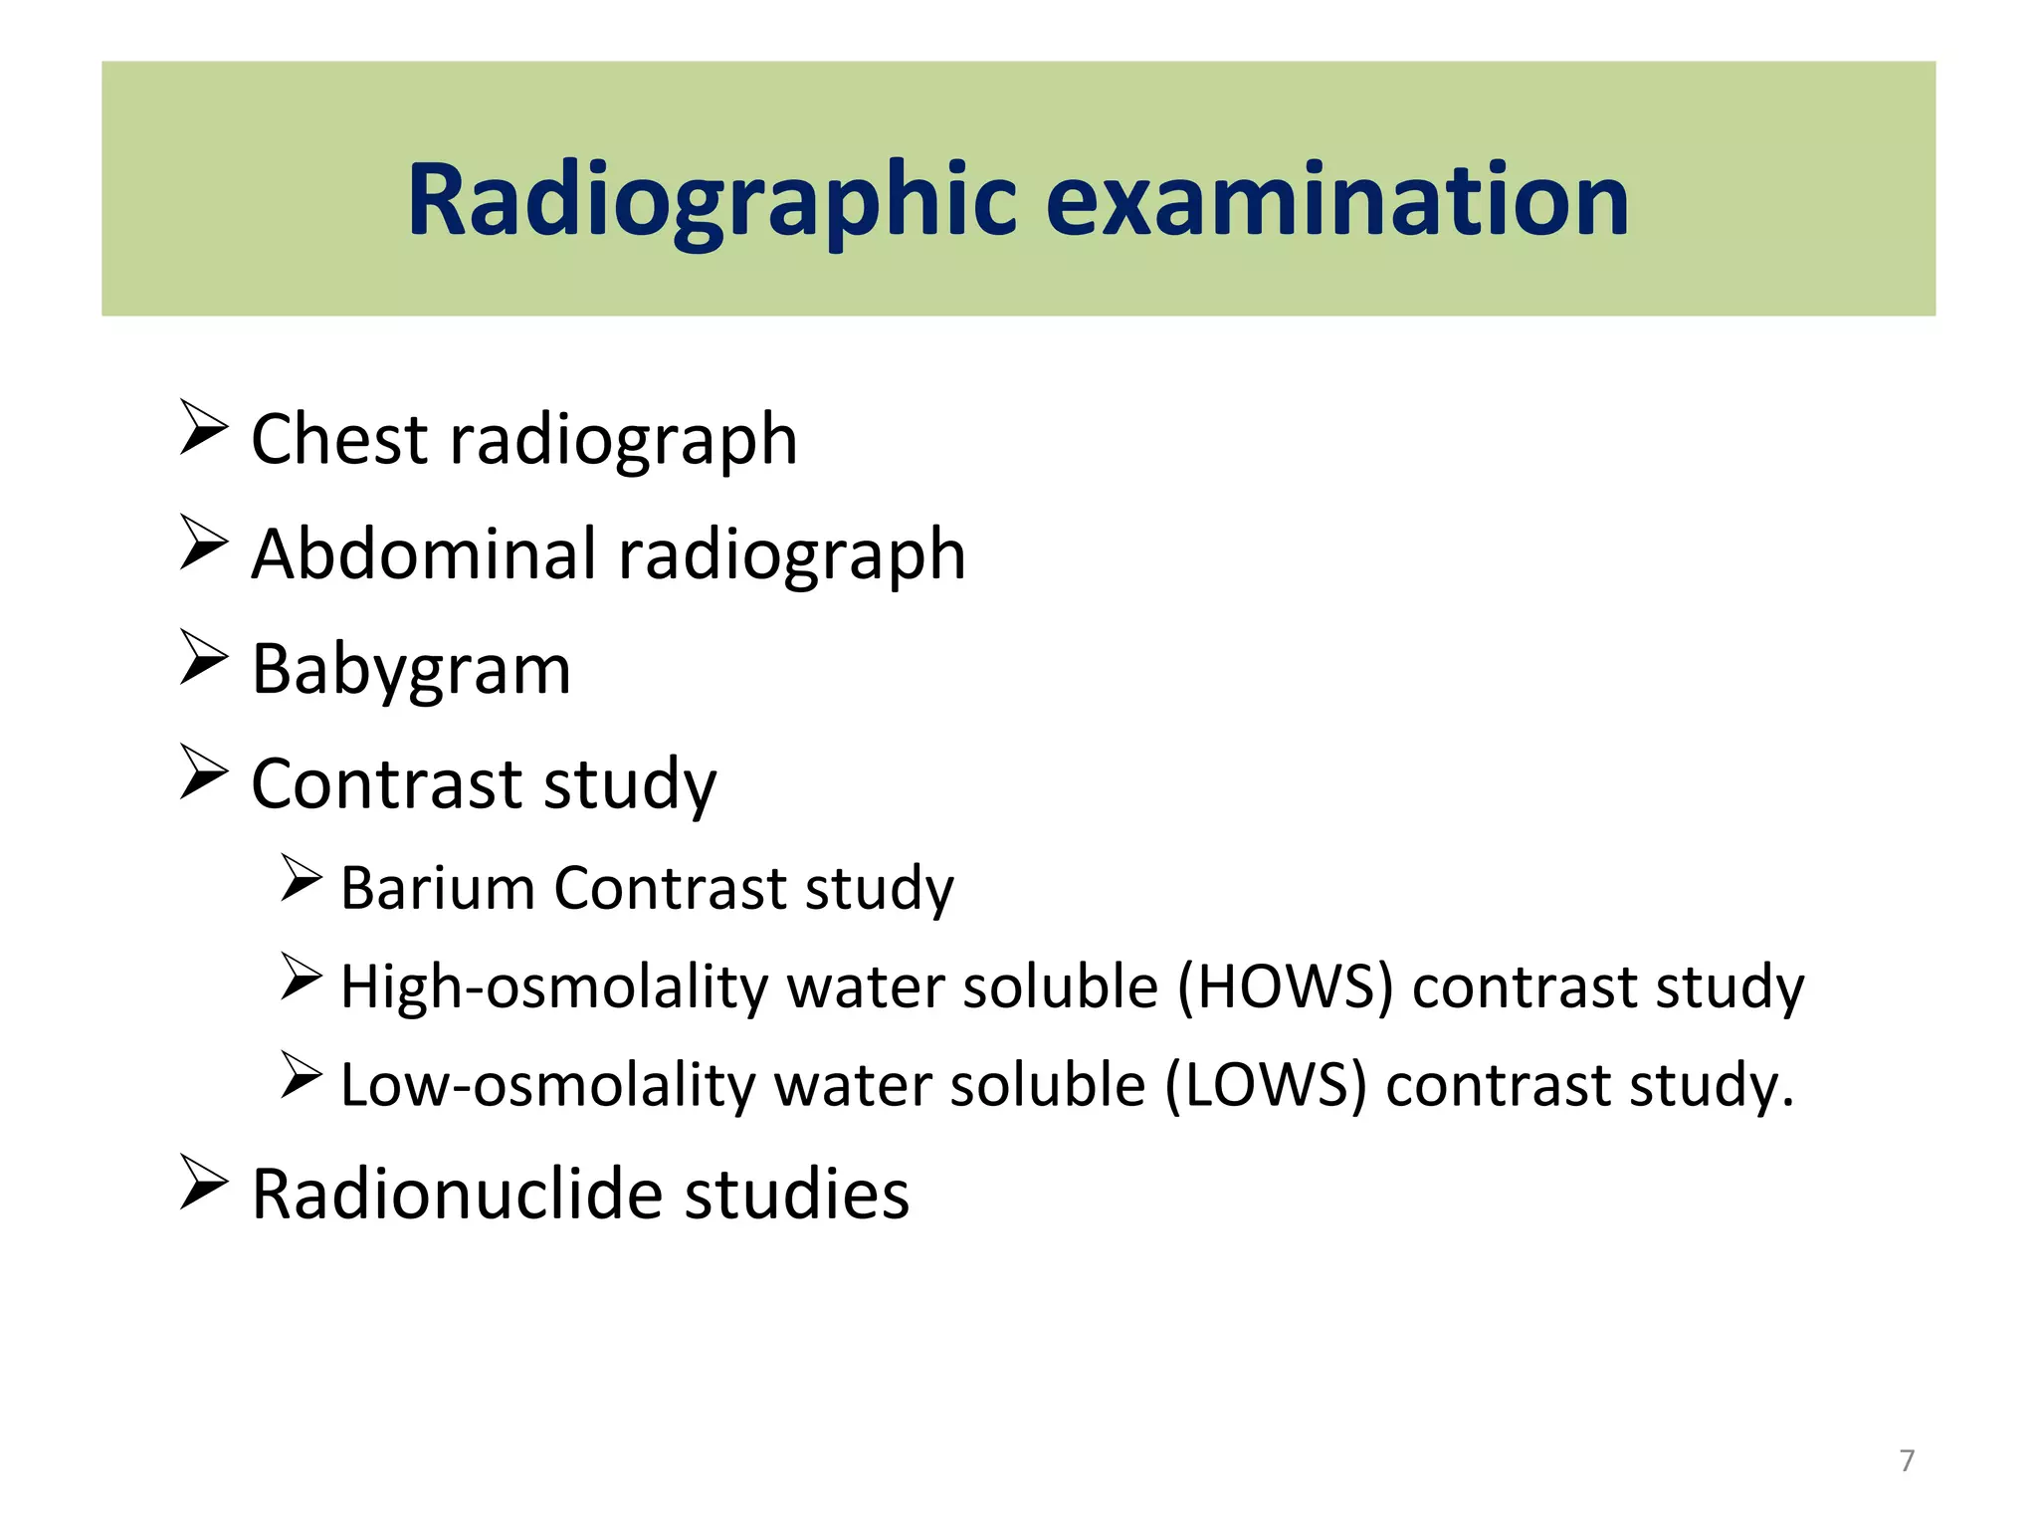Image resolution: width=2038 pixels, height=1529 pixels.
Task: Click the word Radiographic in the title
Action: tap(712, 201)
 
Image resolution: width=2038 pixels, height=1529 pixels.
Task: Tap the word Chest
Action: tap(340, 439)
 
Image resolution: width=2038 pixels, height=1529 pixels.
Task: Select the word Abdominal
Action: tap(424, 553)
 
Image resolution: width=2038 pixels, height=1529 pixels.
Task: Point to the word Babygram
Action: tap(411, 670)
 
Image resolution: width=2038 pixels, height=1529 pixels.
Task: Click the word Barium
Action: tap(438, 887)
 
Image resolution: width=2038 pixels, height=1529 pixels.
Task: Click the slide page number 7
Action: tap(1907, 1460)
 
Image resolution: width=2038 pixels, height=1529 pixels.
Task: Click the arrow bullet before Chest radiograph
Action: tap(204, 427)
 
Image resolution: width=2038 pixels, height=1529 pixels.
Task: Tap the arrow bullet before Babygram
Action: tap(204, 657)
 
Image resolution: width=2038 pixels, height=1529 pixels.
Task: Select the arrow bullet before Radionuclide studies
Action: tap(204, 1182)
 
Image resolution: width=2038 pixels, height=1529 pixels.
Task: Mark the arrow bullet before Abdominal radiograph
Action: tap(204, 543)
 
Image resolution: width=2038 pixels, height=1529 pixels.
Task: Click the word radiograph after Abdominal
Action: tap(792, 555)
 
